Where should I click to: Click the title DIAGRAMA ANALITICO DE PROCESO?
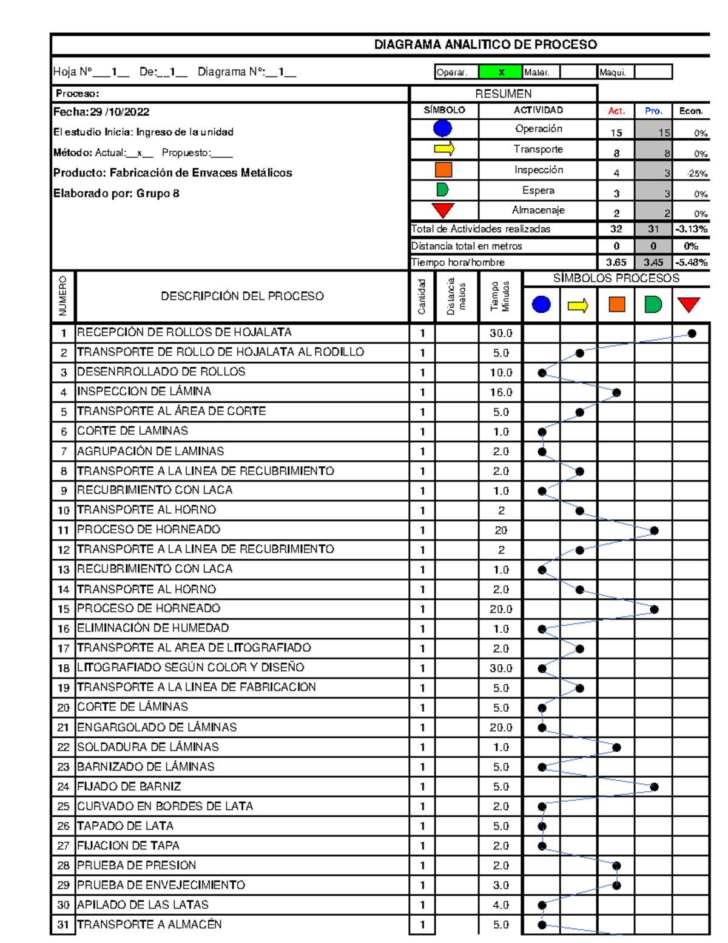point(485,44)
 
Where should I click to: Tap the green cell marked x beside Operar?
point(500,72)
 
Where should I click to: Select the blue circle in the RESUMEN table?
point(443,129)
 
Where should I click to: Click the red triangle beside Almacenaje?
point(443,210)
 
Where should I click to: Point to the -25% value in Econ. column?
point(697,174)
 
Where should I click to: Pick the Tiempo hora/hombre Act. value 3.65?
point(616,262)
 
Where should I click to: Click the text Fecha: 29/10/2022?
point(101,112)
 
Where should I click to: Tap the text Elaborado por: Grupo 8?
point(116,194)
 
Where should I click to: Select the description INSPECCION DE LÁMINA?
point(144,392)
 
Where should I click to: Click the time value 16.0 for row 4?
point(500,392)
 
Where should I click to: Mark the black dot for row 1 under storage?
point(692,333)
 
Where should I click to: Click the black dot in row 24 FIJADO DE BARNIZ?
point(654,787)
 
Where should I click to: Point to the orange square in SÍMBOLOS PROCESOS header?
point(616,304)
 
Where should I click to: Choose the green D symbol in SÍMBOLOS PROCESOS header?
point(653,304)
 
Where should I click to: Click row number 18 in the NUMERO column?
point(63,669)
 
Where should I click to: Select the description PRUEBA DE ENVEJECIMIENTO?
point(161,885)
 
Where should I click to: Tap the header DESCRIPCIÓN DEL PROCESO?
point(242,296)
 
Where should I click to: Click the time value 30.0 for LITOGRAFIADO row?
point(500,669)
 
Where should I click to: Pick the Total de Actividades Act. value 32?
point(616,229)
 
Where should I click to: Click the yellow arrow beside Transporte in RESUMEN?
point(444,149)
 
